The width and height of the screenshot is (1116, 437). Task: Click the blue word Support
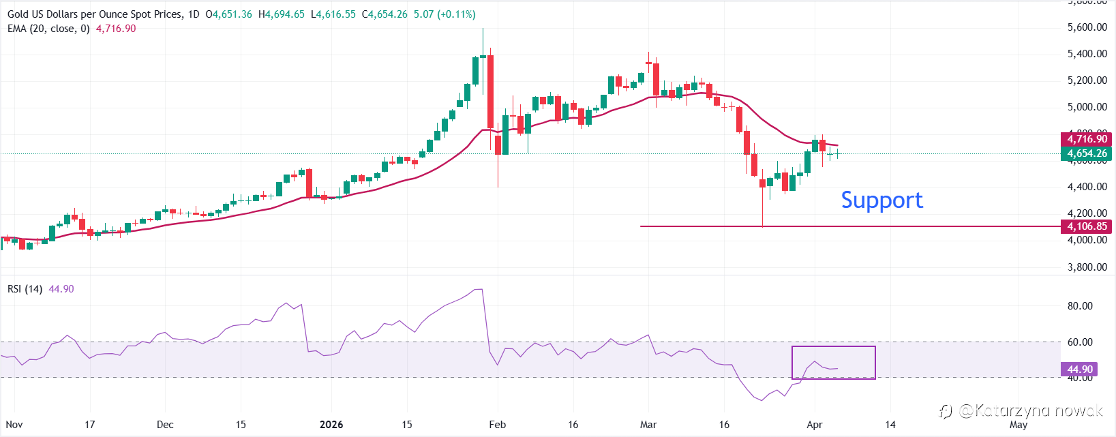881,200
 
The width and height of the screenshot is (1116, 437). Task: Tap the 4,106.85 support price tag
1087,226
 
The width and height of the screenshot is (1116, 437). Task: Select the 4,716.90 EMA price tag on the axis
1087,139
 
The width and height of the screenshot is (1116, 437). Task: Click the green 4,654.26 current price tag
1087,153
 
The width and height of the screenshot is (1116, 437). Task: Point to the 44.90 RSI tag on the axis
1080,370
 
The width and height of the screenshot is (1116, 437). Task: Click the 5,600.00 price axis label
1087,27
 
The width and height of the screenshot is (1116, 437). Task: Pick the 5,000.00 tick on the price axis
1087,107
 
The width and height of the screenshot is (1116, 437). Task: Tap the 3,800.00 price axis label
1087,267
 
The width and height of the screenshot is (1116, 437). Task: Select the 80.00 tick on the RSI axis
1080,306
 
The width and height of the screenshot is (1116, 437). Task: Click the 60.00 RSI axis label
1080,342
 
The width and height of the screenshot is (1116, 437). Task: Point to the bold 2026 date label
331,425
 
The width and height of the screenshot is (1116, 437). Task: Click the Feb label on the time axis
498,425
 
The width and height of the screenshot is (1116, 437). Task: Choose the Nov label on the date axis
14,425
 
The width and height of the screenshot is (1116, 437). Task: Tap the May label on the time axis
1019,425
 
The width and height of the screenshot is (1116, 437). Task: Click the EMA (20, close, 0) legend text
48,29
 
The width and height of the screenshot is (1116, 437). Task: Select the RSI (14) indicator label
25,289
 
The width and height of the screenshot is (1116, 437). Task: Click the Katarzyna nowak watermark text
1030,410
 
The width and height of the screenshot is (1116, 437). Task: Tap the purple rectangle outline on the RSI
833,347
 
